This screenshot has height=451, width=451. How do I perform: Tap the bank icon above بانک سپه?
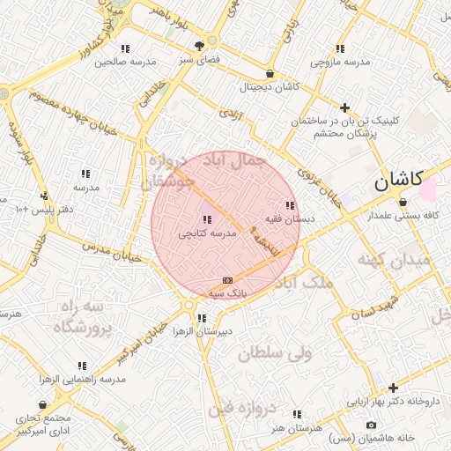[227, 279]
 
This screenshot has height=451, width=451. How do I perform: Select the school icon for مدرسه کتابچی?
[207, 219]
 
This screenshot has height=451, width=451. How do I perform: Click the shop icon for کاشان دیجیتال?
[269, 74]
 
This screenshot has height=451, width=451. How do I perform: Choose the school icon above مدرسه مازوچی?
[340, 48]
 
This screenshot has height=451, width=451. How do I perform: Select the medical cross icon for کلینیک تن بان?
[345, 107]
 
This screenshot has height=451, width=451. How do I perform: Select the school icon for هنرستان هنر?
[297, 413]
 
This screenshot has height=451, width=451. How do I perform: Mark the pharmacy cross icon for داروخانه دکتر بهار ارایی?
[393, 388]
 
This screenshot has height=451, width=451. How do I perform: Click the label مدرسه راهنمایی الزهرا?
[82, 379]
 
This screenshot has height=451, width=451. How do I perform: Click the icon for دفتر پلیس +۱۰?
[43, 196]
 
